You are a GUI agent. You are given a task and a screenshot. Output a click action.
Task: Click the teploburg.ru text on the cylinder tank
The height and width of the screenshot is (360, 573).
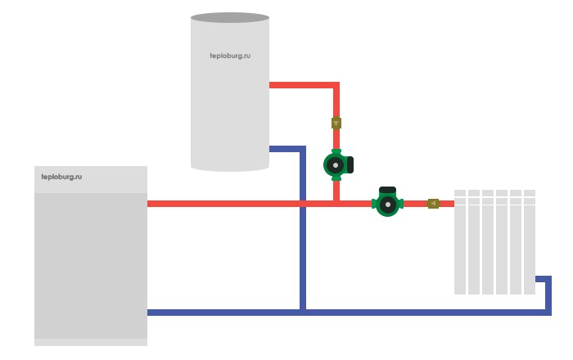click(230, 56)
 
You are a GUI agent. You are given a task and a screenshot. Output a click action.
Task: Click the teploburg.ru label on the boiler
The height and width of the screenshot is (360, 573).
click(61, 177)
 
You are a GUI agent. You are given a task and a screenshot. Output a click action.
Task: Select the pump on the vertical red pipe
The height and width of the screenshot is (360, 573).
click(336, 165)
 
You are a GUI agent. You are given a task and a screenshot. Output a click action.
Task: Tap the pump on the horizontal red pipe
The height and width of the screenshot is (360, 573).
click(387, 204)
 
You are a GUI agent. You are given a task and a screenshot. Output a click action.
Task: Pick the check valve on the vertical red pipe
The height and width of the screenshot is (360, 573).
click(336, 124)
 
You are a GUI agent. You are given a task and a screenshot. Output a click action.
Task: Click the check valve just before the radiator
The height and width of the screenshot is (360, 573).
click(433, 204)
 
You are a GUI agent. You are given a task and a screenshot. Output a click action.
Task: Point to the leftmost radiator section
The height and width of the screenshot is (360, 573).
click(460, 242)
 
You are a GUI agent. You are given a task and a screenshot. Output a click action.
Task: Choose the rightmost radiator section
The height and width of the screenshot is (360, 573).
click(530, 242)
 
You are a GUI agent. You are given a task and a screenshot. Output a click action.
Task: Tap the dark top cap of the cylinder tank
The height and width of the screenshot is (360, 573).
click(230, 17)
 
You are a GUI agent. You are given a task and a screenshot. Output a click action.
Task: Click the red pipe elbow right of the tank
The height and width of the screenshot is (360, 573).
click(336, 85)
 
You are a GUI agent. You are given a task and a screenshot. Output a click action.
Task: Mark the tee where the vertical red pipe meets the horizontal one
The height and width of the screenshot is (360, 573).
click(336, 204)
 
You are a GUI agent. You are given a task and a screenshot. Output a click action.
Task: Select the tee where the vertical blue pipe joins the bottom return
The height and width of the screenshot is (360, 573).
click(303, 312)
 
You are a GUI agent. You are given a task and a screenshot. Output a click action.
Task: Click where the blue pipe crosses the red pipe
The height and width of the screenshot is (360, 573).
click(303, 204)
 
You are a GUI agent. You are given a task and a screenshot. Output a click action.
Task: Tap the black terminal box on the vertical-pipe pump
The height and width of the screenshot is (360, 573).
click(350, 165)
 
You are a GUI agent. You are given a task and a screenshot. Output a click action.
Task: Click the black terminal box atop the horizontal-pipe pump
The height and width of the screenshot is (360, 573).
click(387, 191)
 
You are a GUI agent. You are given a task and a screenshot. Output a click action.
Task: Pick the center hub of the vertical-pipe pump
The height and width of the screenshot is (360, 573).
click(335, 165)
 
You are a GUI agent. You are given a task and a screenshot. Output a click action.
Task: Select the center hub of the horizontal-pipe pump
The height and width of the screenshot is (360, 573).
click(387, 205)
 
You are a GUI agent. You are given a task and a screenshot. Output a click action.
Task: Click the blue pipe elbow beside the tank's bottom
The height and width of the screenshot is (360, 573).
click(302, 149)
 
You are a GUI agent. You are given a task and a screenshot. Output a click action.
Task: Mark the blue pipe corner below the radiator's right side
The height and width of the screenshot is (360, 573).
click(548, 311)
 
